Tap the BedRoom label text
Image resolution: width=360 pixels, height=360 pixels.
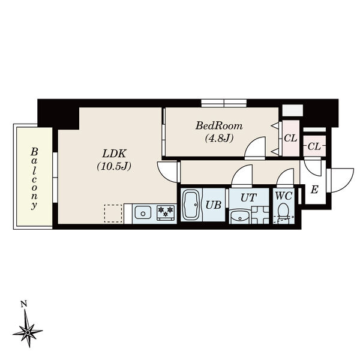click(x=219, y=126)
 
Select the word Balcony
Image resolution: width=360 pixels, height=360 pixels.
click(x=35, y=178)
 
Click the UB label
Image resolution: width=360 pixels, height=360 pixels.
click(x=214, y=205)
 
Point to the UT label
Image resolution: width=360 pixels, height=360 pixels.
click(x=248, y=197)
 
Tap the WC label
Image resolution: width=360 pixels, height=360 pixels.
click(x=283, y=196)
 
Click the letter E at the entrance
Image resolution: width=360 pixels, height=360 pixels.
click(x=314, y=190)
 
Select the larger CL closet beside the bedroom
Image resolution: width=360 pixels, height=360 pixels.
click(x=290, y=139)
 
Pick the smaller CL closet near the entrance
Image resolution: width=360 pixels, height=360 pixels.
click(x=314, y=146)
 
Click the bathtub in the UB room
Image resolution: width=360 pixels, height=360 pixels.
click(x=192, y=206)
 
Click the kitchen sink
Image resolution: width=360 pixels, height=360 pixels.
click(x=143, y=212)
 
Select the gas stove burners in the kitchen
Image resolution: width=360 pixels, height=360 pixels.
click(x=165, y=211)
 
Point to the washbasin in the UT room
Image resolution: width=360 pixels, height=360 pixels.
click(x=240, y=217)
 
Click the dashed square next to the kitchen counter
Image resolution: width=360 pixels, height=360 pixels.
click(x=113, y=214)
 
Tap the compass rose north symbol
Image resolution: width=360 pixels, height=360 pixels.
click(x=28, y=330)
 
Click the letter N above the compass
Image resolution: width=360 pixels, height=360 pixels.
click(x=23, y=305)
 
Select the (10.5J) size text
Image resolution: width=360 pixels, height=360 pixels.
click(x=113, y=166)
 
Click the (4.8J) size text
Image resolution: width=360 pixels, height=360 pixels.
click(x=218, y=139)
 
